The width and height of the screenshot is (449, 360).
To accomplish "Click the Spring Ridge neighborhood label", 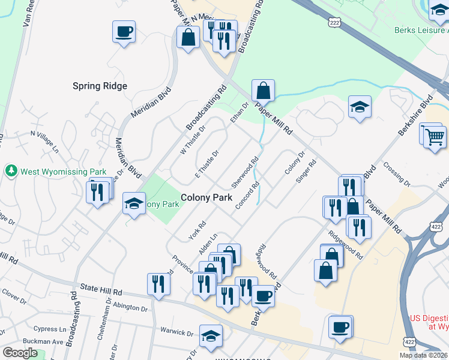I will [100, 86].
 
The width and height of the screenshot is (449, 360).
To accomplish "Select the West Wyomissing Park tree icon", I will [11, 171].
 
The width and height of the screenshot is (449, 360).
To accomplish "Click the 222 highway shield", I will [334, 22].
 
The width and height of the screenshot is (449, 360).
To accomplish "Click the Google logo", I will [20, 353].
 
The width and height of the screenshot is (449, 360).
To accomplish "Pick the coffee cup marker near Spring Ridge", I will [124, 31].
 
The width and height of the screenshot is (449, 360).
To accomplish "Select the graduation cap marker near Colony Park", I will [134, 203].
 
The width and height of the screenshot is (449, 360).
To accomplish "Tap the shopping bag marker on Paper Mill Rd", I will [263, 91].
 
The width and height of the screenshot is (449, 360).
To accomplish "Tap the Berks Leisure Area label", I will [421, 30].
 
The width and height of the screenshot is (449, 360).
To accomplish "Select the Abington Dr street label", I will [130, 308].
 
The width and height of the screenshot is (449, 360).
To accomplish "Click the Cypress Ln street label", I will [50, 329].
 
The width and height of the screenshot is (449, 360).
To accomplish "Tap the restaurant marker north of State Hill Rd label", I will [158, 283].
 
